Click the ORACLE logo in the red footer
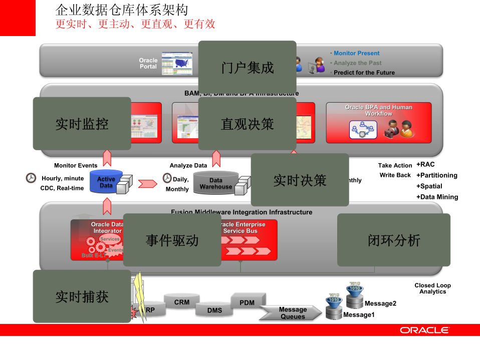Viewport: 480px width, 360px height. [424, 330]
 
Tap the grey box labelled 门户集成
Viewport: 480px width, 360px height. [248, 68]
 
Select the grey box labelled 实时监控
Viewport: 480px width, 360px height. [82, 124]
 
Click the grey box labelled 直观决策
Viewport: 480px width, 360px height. [248, 124]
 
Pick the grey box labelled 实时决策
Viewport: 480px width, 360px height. [300, 180]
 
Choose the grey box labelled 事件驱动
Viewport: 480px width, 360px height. [172, 240]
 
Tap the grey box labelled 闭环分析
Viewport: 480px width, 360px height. [393, 240]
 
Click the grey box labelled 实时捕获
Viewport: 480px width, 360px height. [82, 296]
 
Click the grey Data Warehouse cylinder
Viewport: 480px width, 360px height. [216, 183]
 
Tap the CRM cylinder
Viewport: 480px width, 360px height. [182, 302]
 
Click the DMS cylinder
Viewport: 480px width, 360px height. [214, 310]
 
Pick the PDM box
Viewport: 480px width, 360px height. [247, 302]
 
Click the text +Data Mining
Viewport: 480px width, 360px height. [437, 197]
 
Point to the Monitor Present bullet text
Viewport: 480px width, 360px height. [356, 53]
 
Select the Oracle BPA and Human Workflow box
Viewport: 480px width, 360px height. [379, 123]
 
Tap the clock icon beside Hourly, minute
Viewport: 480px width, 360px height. [31, 178]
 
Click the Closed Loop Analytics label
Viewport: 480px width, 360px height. [432, 288]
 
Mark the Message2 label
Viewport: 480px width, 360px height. [380, 303]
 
